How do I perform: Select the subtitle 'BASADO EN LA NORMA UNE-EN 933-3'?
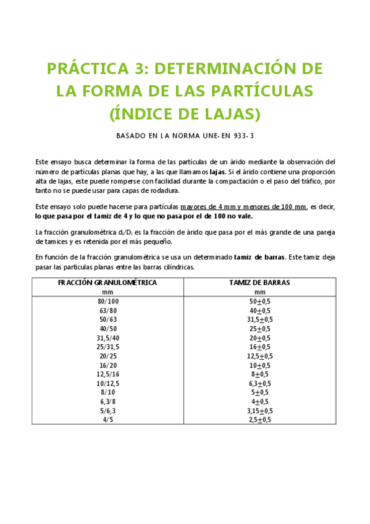pos(185,134)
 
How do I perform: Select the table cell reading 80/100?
pos(107,301)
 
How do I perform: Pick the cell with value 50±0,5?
pos(259,301)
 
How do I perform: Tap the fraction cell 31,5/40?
pos(107,338)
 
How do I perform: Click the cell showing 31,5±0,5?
pos(259,319)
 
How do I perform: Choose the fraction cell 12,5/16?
pos(107,374)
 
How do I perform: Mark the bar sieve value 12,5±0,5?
pos(259,357)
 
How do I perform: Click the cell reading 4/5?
pos(107,420)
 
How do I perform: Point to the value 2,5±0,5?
pos(259,420)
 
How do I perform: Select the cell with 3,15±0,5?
pos(259,411)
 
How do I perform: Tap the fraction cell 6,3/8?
pos(107,402)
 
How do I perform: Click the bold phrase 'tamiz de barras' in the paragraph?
pos(259,256)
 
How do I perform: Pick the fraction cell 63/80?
pos(107,310)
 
